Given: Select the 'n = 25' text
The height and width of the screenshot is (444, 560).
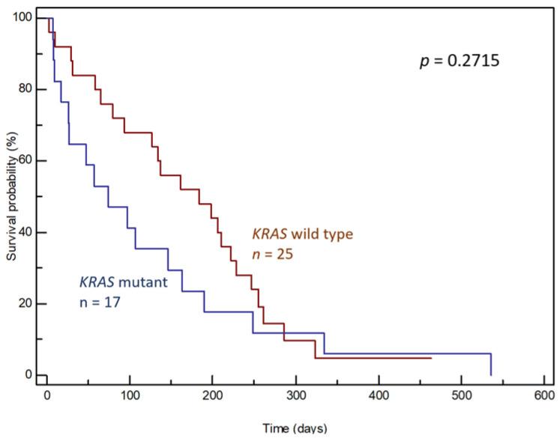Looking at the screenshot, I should (x=271, y=254).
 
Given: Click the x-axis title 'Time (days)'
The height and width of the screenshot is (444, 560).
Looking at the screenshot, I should (x=294, y=429).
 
